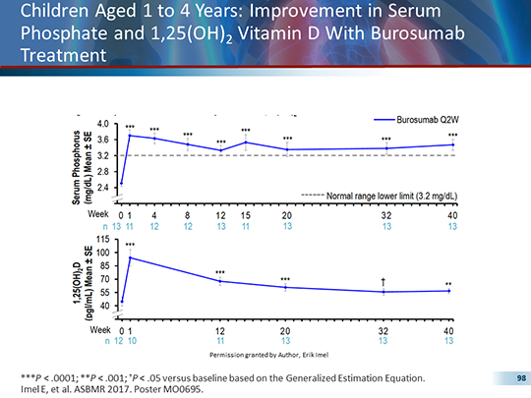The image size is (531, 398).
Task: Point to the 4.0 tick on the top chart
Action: click(103, 122)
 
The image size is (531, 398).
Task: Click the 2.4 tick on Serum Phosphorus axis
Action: click(103, 187)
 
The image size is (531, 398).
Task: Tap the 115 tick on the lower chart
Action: click(102, 240)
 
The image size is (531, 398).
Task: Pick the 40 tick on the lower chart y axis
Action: click(103, 308)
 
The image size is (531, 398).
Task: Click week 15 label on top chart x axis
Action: click(246, 214)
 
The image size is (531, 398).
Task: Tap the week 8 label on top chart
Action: click(187, 214)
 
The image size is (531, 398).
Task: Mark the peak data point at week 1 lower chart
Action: click(130, 257)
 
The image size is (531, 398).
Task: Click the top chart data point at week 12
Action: click(220, 150)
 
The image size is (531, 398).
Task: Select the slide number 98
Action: click(509, 377)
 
